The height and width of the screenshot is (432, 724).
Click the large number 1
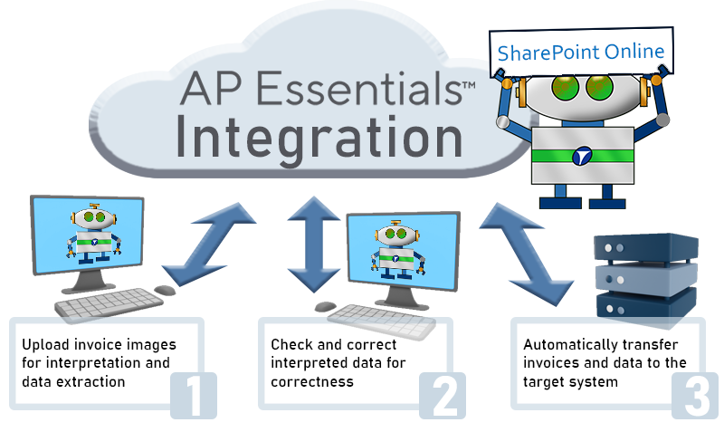[192, 395]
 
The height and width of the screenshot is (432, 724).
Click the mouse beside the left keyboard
[165, 290]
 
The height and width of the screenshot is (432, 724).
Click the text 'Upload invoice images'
[99, 345]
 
